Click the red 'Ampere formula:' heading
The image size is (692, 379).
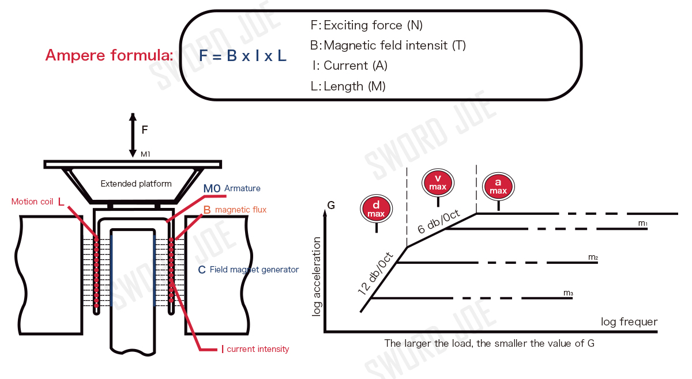(109, 56)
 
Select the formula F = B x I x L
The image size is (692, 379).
(243, 56)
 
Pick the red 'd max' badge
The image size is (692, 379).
(376, 208)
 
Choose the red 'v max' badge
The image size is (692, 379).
(438, 182)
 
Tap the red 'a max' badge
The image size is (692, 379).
(498, 185)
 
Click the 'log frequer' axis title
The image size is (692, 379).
(629, 321)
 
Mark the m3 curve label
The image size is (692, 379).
(568, 293)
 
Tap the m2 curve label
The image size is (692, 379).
(593, 257)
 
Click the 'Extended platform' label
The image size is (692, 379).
(136, 184)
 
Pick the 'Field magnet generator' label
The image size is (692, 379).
(254, 269)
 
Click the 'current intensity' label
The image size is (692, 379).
(258, 349)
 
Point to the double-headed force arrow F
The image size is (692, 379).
(133, 134)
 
